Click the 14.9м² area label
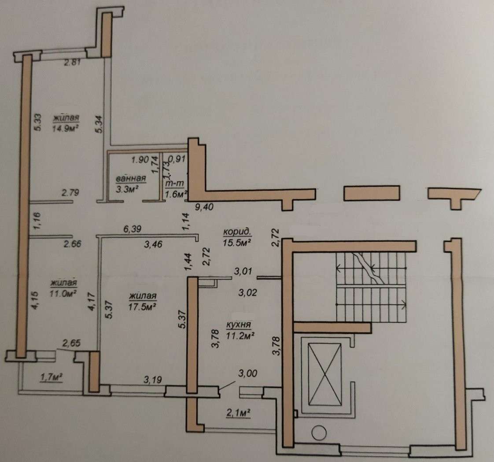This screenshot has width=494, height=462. coord(65,128)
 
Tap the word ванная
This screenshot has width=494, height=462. coord(131,179)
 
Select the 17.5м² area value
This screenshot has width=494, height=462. coord(143,307)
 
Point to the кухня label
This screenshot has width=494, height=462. coord(239,325)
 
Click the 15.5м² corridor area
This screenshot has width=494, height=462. coord(237,242)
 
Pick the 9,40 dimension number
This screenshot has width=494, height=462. coord(204,207)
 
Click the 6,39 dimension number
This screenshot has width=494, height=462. coord(133,229)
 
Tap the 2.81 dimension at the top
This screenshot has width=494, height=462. coord(73,63)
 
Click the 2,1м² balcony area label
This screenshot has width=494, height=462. coord(239,413)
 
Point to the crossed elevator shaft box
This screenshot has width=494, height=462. coord(325,373)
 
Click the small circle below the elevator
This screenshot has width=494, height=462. coord(319,432)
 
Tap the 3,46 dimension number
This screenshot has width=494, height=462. coord(153,244)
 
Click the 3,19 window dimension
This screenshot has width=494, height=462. coord(153,380)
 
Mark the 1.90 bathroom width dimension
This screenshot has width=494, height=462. coord(140,159)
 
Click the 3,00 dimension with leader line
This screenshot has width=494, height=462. coord(247,373)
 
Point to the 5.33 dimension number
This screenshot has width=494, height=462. coord(37,122)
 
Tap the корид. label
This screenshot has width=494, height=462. coord(237,232)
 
